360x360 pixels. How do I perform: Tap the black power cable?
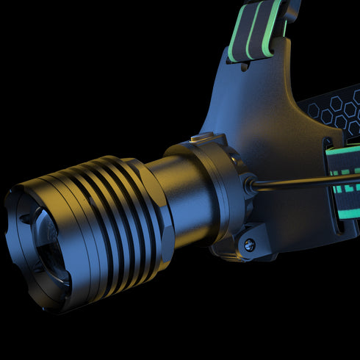(x=301, y=181)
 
